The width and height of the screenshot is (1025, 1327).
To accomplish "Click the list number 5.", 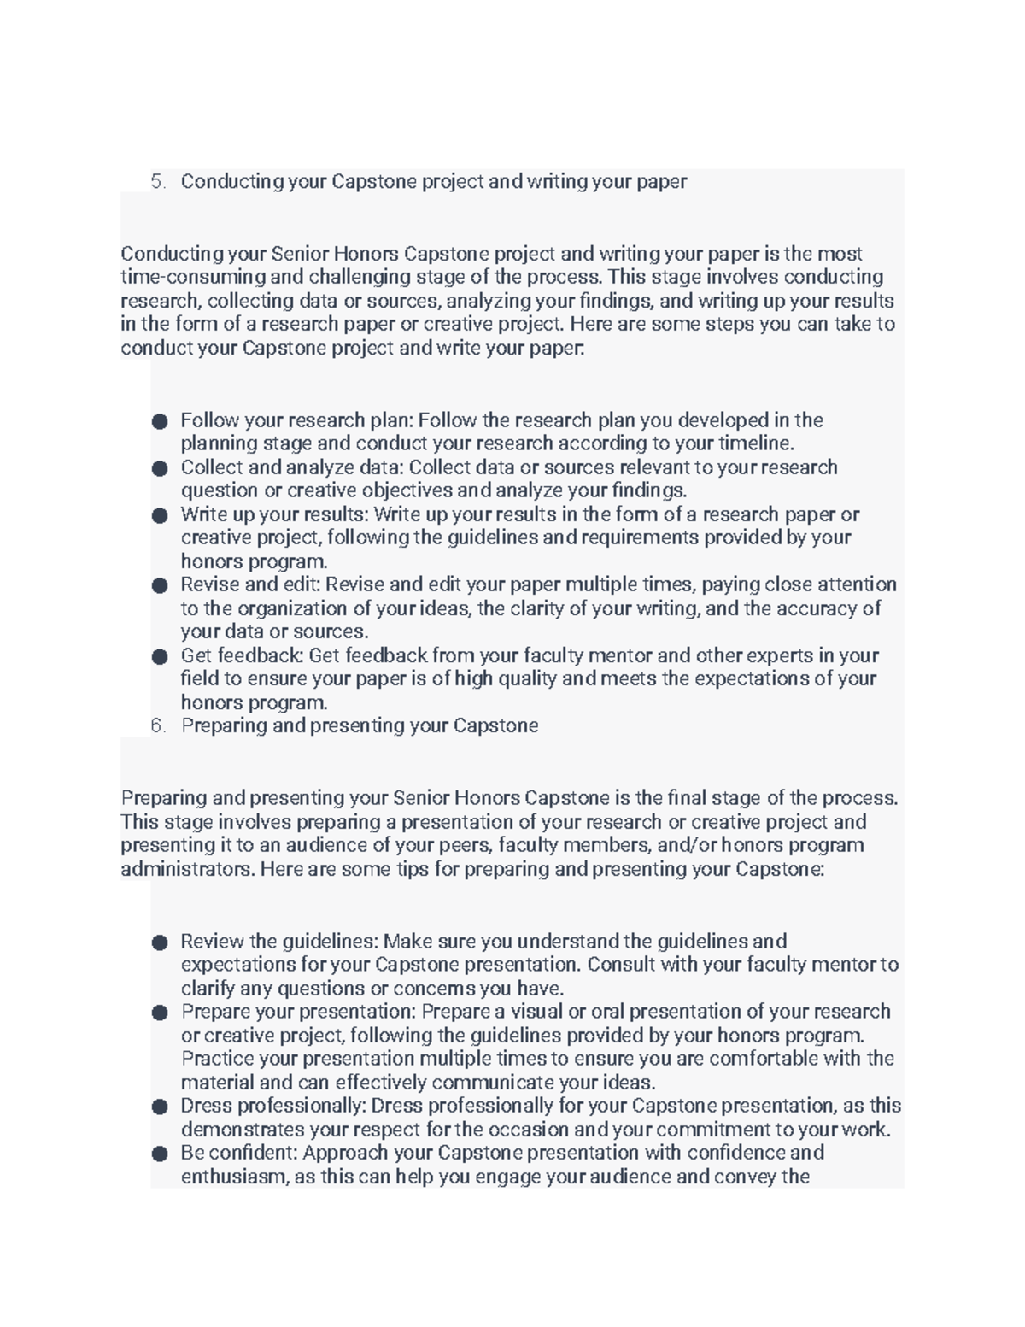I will pyautogui.click(x=156, y=181).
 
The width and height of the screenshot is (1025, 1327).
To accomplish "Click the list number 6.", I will pyautogui.click(x=156, y=725).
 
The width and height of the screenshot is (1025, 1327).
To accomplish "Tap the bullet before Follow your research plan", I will pyautogui.click(x=160, y=421).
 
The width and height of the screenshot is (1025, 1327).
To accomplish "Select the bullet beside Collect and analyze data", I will pyautogui.click(x=160, y=468).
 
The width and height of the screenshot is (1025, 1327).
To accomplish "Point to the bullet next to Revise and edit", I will pyautogui.click(x=160, y=585).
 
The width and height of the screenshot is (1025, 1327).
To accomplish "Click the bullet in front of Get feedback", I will pyautogui.click(x=160, y=656).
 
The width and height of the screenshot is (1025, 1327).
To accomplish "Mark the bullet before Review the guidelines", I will pyautogui.click(x=160, y=942).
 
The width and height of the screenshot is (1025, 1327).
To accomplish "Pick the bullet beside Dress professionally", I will pyautogui.click(x=160, y=1107).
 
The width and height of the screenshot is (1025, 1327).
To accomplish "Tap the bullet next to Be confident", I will pyautogui.click(x=160, y=1154).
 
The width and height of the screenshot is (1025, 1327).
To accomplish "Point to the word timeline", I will pyautogui.click(x=756, y=443).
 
